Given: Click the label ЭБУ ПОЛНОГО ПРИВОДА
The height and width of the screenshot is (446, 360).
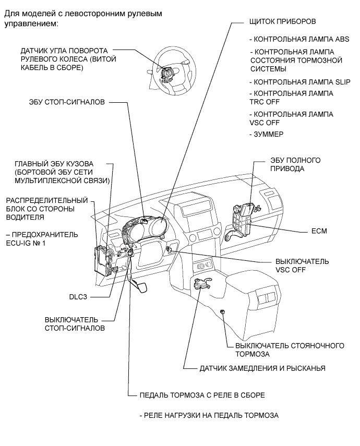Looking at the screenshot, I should coord(288,164).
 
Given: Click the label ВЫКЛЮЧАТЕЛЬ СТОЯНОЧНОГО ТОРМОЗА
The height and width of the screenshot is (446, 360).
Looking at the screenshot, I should coord(290,349).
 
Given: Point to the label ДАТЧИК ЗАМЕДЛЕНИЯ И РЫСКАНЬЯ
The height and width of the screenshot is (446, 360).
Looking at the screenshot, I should coord(262,368).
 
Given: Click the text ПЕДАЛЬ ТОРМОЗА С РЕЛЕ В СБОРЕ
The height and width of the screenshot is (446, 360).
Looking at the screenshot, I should coord(202,395).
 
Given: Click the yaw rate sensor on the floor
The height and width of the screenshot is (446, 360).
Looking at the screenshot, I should coord(201,284).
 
